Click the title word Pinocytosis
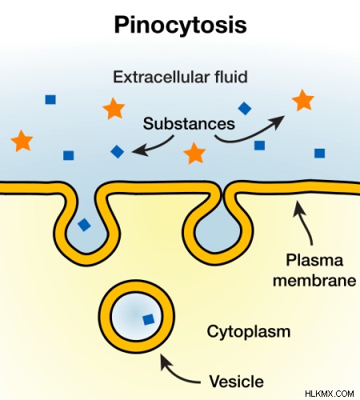(180, 26)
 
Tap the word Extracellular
(161, 77)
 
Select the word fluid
(231, 77)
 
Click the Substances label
(189, 123)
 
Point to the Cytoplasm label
(249, 332)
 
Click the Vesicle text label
(236, 382)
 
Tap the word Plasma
(314, 260)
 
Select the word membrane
(314, 281)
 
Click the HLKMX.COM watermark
(330, 394)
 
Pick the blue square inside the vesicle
(149, 319)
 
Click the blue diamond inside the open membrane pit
(84, 225)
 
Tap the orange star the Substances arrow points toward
(303, 100)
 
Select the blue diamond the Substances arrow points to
(118, 151)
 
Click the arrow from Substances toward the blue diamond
(154, 147)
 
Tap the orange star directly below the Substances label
(194, 154)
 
